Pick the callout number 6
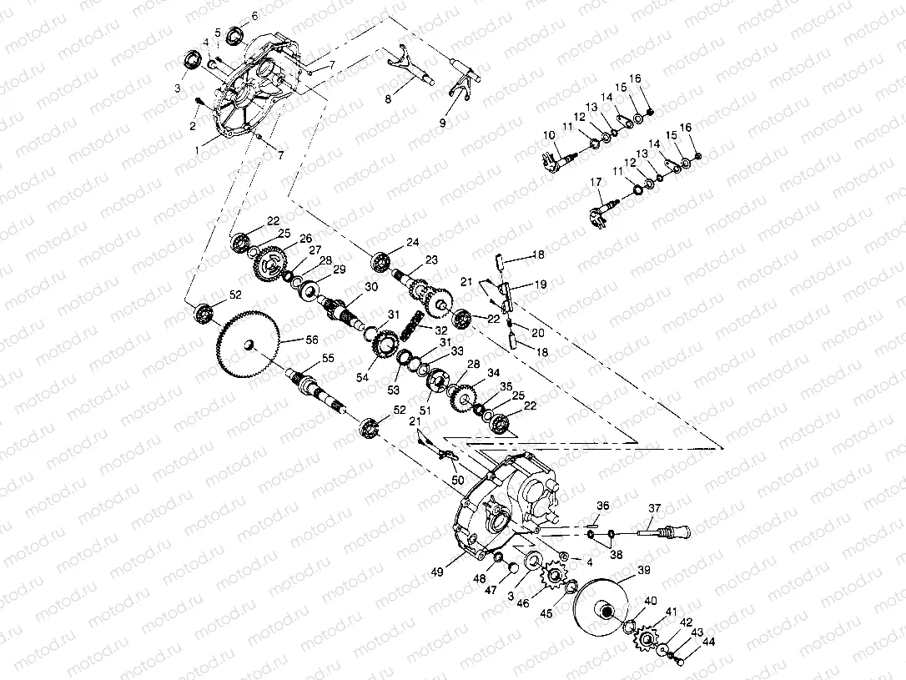[x=254, y=16]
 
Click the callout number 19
[x=541, y=285]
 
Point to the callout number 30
[x=370, y=286]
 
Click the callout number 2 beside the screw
[x=193, y=126]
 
